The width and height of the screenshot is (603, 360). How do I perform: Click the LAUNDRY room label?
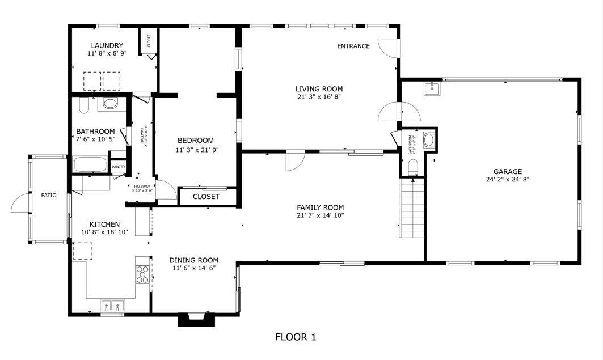[107, 45]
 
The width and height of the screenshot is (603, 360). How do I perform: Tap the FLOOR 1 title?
[296, 337]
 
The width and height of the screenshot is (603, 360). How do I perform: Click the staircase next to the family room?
[412, 208]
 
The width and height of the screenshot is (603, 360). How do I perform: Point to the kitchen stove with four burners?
[143, 274]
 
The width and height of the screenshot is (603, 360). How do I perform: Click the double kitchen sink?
[112, 306]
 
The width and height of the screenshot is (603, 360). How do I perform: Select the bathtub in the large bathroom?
[90, 165]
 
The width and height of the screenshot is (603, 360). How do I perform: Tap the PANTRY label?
[118, 167]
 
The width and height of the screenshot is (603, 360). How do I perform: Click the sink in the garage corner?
[432, 88]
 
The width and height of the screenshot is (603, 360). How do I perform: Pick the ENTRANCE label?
[353, 46]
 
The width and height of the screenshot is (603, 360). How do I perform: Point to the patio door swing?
[19, 202]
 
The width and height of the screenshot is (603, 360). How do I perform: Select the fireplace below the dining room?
[197, 320]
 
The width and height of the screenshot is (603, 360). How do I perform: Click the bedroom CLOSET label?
[206, 197]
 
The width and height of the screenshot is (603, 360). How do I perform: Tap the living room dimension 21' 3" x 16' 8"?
[319, 96]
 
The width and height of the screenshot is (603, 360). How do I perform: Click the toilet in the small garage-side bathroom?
[413, 165]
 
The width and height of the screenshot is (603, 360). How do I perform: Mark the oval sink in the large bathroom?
[110, 104]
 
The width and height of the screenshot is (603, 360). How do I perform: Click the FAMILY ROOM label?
[320, 207]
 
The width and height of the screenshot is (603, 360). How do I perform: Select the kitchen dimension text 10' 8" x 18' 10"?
[104, 232]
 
